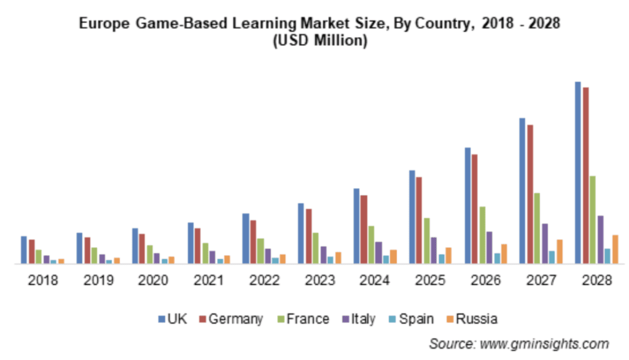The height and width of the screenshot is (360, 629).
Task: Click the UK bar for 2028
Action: coord(578,173)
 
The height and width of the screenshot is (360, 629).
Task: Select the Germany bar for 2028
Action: coord(586,176)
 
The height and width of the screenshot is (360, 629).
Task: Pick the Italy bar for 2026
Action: coord(489,248)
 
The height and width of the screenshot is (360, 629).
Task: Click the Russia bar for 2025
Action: coord(448,256)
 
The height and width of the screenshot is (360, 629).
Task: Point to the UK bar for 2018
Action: coord(24,250)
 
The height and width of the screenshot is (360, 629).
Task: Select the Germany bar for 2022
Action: coord(253,242)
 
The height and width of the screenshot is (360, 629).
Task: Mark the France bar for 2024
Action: coord(371,245)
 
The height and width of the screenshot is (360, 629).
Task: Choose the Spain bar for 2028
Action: coord(607,256)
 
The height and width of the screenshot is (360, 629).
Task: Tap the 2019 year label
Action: coord(98,281)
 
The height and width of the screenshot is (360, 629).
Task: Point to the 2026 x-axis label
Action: coord(485,281)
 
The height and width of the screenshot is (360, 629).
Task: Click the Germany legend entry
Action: coord(236,319)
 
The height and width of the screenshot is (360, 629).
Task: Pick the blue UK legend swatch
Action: coord(162,319)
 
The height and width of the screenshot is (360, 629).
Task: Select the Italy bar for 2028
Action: coord(600,240)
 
